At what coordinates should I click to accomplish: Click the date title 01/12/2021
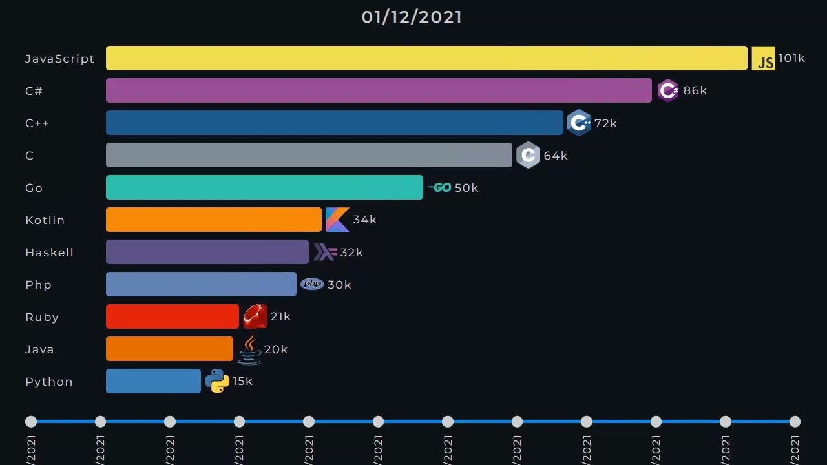point(412,17)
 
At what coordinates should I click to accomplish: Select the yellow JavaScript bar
point(426,58)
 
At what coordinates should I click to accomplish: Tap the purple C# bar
point(379,90)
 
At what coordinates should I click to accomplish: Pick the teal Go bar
point(264,187)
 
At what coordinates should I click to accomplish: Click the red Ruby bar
point(172,316)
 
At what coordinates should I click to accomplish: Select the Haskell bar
point(207,252)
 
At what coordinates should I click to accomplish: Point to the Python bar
point(153,381)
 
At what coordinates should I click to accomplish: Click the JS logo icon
point(763,59)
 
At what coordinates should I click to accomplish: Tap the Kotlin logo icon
point(337,220)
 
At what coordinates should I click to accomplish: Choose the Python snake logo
point(217,381)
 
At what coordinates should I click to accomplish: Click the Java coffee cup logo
point(249,349)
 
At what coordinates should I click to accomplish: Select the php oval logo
point(312,284)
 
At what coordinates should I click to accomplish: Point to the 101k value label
point(791,58)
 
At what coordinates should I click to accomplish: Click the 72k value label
point(605,123)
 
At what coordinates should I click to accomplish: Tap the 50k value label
point(466,187)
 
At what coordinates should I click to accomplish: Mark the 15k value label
point(242,381)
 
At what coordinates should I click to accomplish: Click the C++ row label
point(37,123)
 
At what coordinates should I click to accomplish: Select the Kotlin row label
point(45,220)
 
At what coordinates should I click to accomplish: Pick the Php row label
point(38,285)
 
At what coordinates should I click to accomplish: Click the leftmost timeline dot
point(31,422)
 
